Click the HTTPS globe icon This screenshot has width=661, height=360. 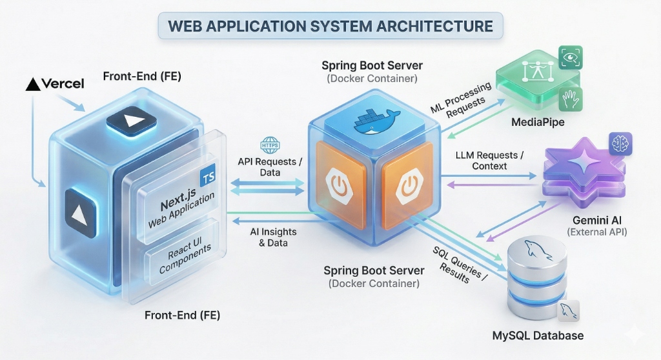(x=269, y=145)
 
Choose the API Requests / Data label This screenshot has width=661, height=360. (x=270, y=166)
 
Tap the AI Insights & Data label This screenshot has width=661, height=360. (x=270, y=237)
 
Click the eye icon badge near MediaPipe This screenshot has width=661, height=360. (x=570, y=57)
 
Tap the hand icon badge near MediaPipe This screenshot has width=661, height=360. (x=570, y=99)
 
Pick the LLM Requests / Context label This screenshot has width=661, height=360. (x=490, y=160)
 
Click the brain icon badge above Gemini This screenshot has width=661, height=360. (x=620, y=144)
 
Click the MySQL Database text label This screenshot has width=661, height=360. (x=538, y=335)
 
